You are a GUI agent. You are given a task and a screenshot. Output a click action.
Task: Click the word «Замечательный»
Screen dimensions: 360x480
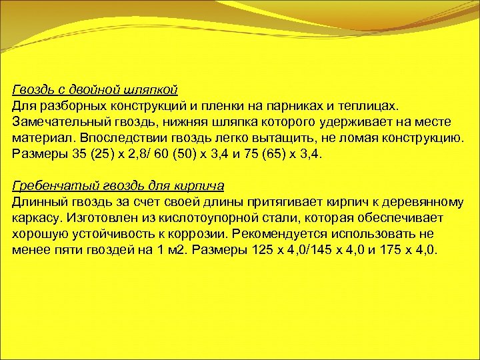point(55,122)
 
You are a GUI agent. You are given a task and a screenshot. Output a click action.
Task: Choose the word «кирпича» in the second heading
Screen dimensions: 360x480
point(200,186)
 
